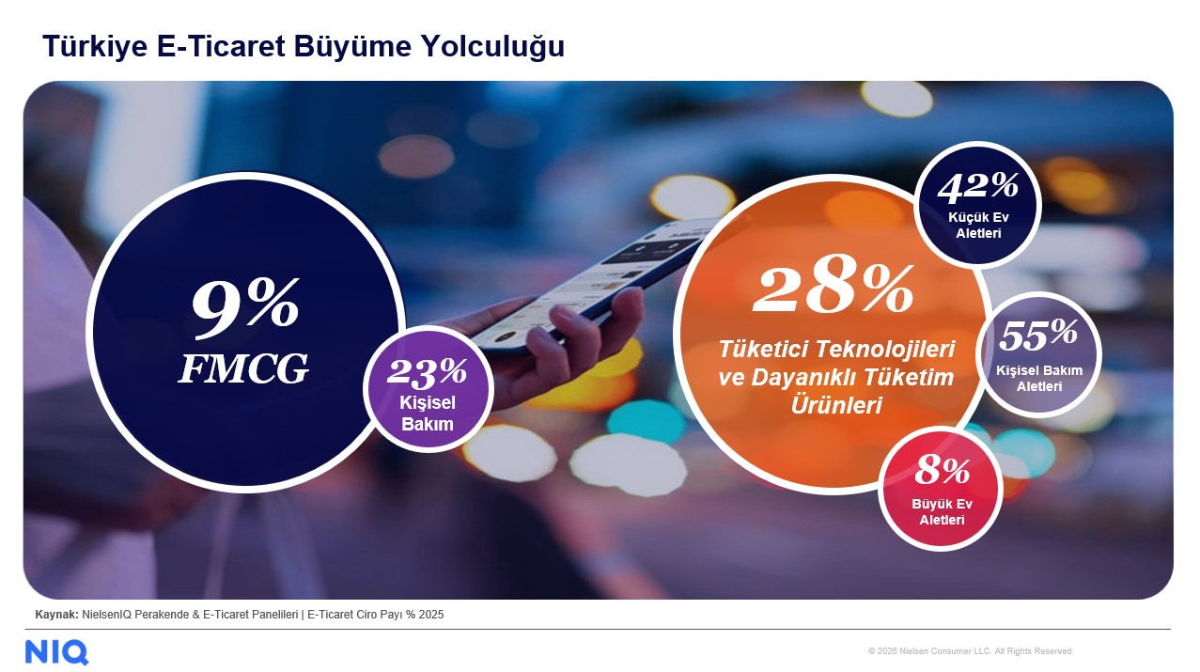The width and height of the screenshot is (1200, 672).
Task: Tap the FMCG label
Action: pyautogui.click(x=243, y=370)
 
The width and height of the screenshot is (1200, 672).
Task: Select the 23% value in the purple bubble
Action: pyautogui.click(x=427, y=372)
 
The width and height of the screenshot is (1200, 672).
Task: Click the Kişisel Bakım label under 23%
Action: pyautogui.click(x=428, y=414)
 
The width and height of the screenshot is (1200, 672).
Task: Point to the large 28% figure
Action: pyautogui.click(x=833, y=289)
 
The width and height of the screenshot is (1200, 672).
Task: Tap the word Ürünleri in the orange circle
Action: pyautogui.click(x=835, y=406)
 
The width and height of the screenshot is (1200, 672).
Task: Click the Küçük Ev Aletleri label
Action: pyautogui.click(x=978, y=226)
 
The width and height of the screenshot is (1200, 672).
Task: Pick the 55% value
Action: pyautogui.click(x=1038, y=334)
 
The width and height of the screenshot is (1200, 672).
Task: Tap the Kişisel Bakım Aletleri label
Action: pyautogui.click(x=1039, y=378)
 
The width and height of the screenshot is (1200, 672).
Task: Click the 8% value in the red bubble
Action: pyautogui.click(x=942, y=470)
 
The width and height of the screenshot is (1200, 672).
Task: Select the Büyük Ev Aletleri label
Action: pyautogui.click(x=942, y=511)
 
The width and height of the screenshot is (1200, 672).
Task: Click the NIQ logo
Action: pyautogui.click(x=56, y=651)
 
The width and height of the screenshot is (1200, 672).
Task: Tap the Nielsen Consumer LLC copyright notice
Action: pyautogui.click(x=971, y=651)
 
